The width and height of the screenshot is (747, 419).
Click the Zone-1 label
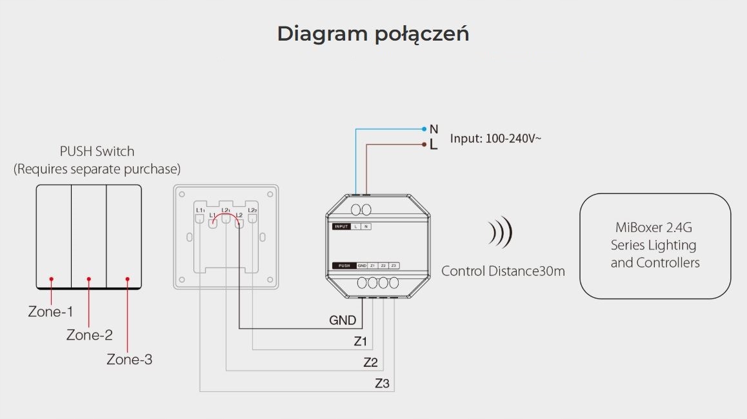point(50,312)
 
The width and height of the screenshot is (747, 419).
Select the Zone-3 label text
point(129,360)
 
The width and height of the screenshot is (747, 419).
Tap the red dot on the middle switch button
point(89,279)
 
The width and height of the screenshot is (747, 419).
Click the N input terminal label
point(433,130)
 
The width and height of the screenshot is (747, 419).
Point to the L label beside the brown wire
point(433,145)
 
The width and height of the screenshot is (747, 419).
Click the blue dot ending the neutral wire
point(424,129)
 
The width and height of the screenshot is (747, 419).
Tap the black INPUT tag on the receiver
point(341,227)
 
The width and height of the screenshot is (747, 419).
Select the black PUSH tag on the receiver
point(344,266)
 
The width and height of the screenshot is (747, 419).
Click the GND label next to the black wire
point(343,320)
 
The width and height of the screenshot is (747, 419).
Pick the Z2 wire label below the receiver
point(370,362)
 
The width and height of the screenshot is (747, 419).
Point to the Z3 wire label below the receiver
point(383,384)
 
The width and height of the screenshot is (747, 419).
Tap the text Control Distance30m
point(503,271)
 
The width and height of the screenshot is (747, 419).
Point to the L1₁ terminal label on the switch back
point(200,211)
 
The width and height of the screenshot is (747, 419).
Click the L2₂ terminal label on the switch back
point(252,211)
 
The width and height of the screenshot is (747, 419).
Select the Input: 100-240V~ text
point(495,138)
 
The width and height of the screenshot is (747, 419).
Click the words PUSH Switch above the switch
point(97,151)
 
